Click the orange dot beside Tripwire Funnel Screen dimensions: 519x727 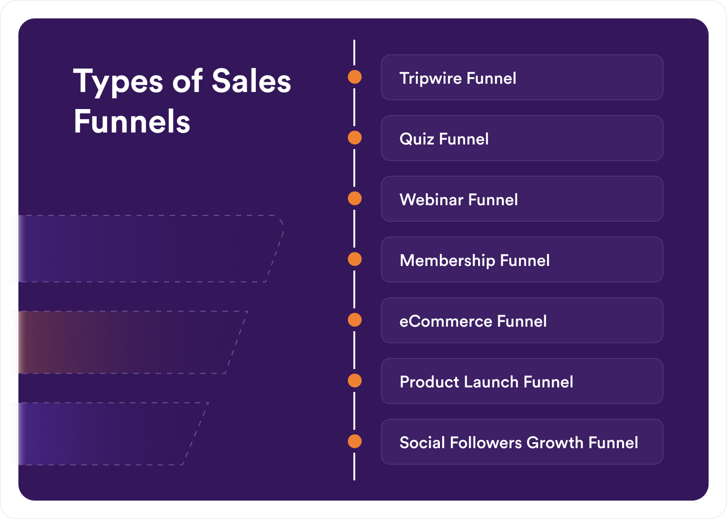pyautogui.click(x=355, y=77)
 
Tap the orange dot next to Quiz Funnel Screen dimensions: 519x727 pyautogui.click(x=355, y=138)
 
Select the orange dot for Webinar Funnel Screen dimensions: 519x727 pyautogui.click(x=355, y=198)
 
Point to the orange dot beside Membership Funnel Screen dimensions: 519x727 pyautogui.click(x=355, y=259)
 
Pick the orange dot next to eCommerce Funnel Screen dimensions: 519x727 pyautogui.click(x=355, y=320)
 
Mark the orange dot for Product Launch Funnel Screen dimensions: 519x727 pyautogui.click(x=355, y=381)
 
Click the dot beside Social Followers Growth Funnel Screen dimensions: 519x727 pyautogui.click(x=355, y=441)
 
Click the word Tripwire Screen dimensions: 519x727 pyautogui.click(x=430, y=79)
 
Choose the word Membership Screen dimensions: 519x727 pyautogui.click(x=447, y=261)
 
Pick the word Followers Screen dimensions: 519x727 pyautogui.click(x=486, y=443)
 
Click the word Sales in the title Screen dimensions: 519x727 pyautogui.click(x=251, y=81)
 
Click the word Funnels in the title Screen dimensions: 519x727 pyautogui.click(x=132, y=121)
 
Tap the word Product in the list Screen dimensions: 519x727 pyautogui.click(x=429, y=382)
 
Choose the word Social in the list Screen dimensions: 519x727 pyautogui.click(x=422, y=443)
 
